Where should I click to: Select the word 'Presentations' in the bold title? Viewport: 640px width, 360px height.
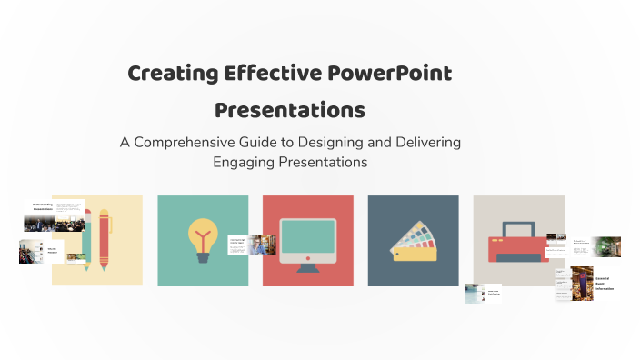(290, 110)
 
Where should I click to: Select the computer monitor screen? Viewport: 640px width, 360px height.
(307, 236)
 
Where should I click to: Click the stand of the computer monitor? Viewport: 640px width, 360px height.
(307, 265)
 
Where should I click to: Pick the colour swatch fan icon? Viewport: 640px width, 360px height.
(413, 245)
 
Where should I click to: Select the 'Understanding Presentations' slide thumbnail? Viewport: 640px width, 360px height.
(43, 208)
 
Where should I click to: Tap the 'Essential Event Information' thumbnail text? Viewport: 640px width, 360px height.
(605, 282)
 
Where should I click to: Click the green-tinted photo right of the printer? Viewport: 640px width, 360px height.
(606, 245)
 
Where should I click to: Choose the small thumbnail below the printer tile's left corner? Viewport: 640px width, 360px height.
(483, 293)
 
